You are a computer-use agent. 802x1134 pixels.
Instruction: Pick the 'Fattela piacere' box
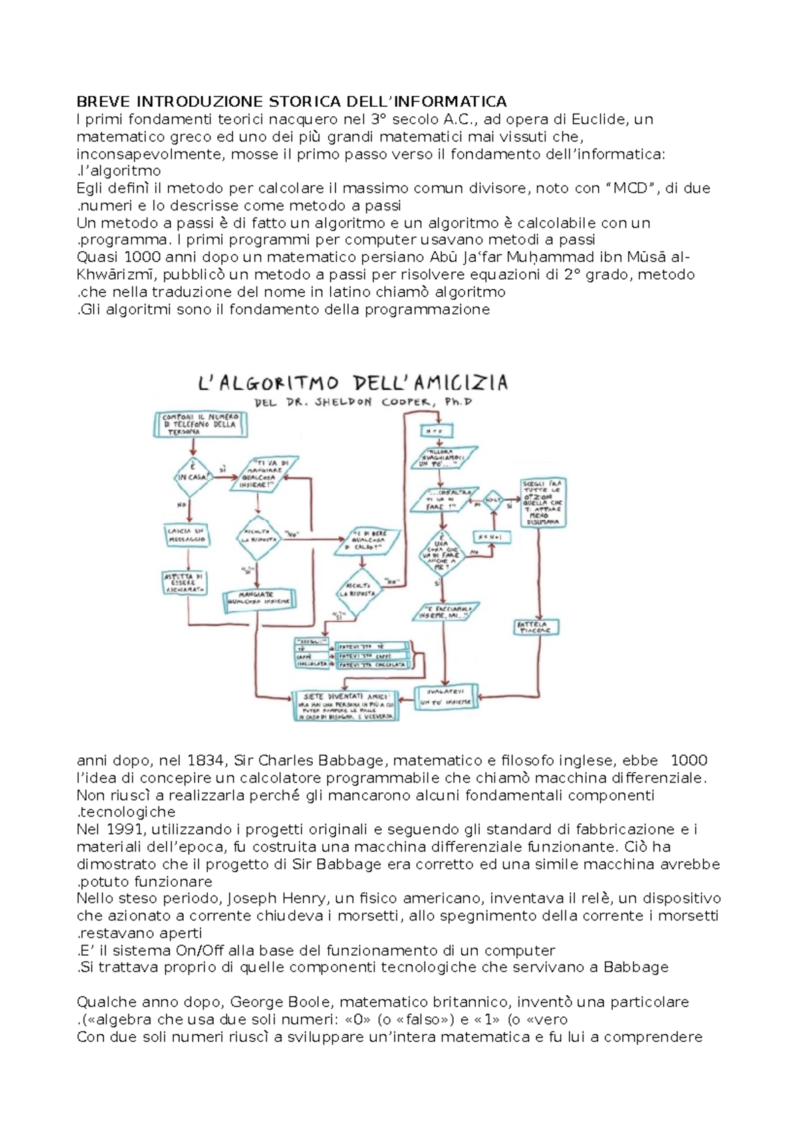pos(536,627)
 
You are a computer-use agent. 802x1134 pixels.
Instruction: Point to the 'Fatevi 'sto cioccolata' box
pos(373,665)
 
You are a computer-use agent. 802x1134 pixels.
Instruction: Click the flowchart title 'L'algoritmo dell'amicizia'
pos(354,384)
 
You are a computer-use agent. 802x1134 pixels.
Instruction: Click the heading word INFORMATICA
pos(450,102)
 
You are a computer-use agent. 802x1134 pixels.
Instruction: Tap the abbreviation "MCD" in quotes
pos(632,188)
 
